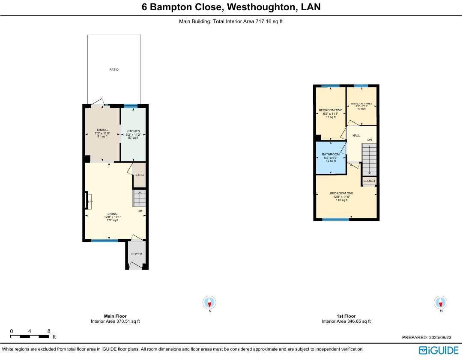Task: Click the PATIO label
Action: [x=114, y=69]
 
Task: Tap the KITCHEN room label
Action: [x=133, y=131]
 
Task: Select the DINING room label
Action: [x=102, y=130]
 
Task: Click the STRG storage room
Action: [x=140, y=175]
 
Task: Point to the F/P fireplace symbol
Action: [x=90, y=202]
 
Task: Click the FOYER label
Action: [x=137, y=254]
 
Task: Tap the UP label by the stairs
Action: [x=140, y=211]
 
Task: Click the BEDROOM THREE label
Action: [x=361, y=104]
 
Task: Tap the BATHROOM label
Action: [x=331, y=155]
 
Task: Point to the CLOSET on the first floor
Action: [x=369, y=181]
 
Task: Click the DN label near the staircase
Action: [x=369, y=140]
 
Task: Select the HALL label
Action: [x=356, y=136]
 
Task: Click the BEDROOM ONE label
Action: [x=341, y=193]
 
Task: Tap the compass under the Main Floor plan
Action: [x=209, y=303]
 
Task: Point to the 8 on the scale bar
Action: [x=49, y=331]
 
